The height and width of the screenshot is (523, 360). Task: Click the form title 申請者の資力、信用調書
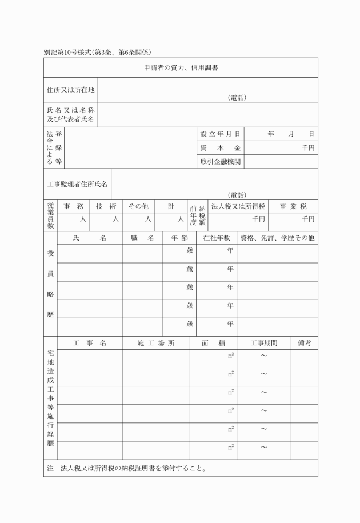[180, 68]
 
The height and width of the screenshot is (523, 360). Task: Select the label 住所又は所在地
[70, 90]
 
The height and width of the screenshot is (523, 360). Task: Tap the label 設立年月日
[220, 134]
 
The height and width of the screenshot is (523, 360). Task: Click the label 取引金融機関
[220, 162]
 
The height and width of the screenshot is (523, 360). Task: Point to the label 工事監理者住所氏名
[77, 184]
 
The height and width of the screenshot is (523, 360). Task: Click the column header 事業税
[293, 206]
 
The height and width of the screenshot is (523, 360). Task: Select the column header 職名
[142, 238]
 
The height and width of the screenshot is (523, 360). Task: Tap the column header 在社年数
[216, 238]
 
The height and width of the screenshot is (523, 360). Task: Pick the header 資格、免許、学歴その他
[277, 238]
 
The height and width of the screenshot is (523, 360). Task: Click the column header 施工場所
[155, 343]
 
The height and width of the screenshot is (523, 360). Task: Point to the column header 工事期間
[264, 343]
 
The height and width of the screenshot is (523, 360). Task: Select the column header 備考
[304, 343]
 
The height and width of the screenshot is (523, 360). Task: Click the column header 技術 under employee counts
[106, 206]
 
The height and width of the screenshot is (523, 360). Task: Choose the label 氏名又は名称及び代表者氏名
[70, 115]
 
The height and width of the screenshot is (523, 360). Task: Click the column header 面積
[213, 343]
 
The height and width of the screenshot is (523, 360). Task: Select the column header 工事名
[90, 343]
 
